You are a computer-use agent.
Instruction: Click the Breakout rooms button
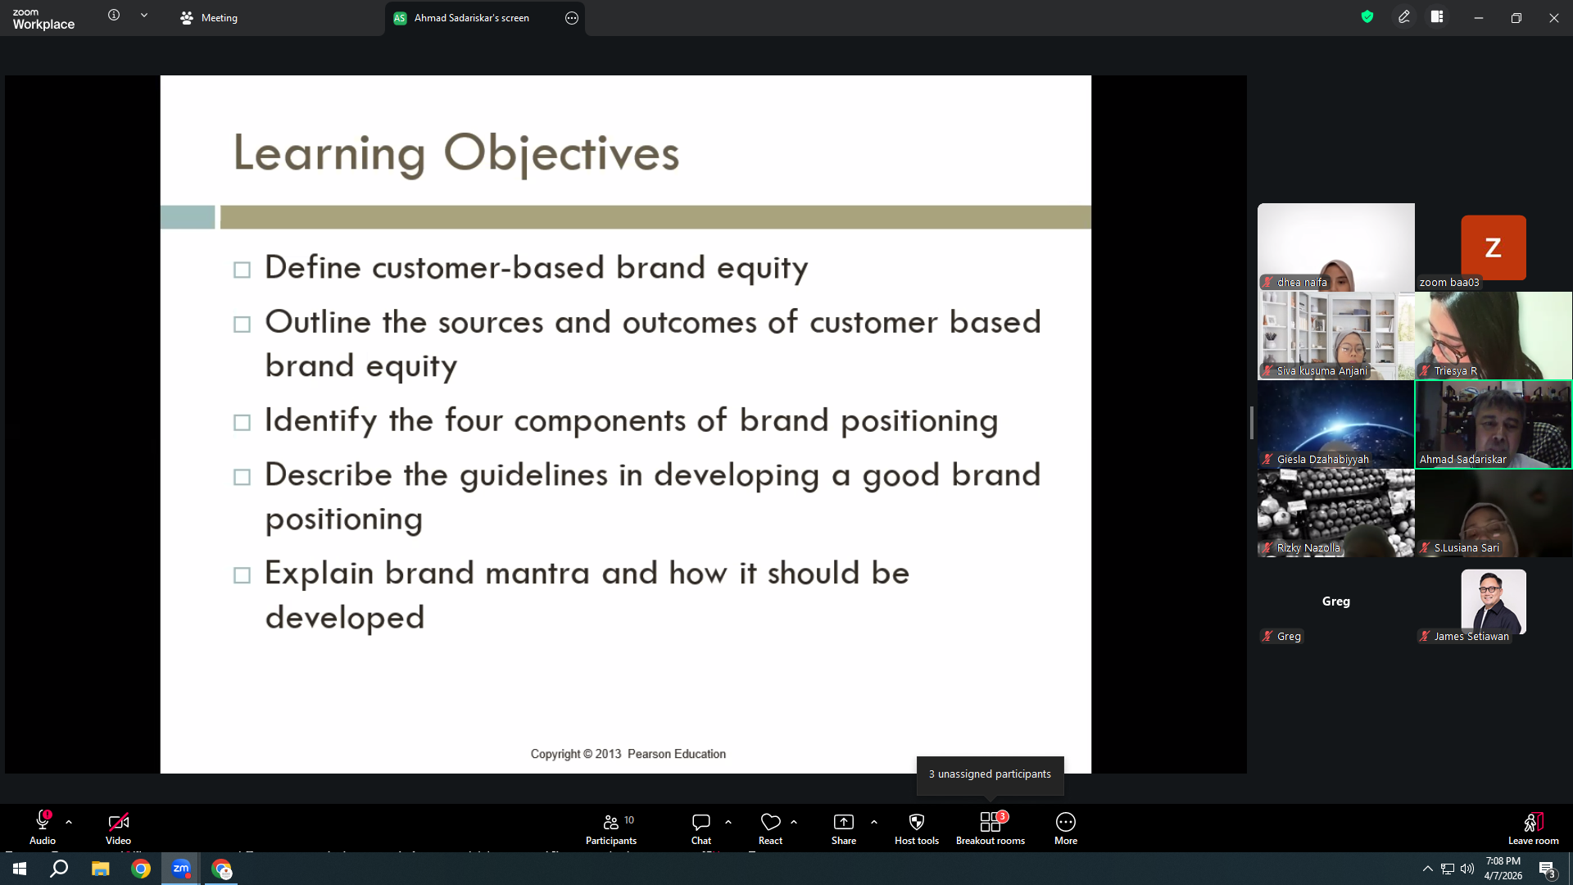[x=990, y=828]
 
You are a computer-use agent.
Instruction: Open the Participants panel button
[x=611, y=828]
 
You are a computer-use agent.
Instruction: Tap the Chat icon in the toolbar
[x=700, y=822]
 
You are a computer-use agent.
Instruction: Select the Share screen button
[x=843, y=828]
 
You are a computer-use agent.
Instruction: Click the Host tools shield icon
[x=917, y=822]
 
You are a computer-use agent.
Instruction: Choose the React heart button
[x=770, y=822]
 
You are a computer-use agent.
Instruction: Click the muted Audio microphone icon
[x=43, y=821]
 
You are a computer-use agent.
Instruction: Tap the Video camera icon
[x=118, y=822]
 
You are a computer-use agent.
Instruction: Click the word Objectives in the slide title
[x=561, y=153]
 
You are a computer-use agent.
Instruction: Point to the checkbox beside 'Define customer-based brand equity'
[x=242, y=270]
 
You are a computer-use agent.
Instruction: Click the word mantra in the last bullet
[x=537, y=573]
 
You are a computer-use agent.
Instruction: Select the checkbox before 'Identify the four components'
[x=242, y=423]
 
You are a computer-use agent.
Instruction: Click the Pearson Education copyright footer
[x=628, y=754]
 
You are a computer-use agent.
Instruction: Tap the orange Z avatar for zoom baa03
[x=1493, y=247]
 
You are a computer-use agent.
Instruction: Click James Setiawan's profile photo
[x=1493, y=601]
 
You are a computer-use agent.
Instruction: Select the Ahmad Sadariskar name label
[x=1462, y=460]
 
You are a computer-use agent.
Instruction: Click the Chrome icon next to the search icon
[x=141, y=869]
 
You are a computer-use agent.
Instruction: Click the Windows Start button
[x=20, y=869]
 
